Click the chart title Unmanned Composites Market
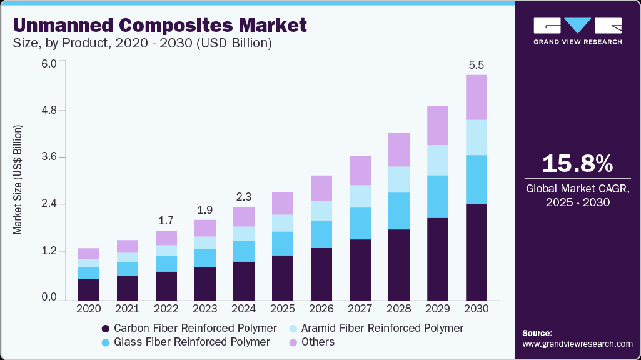(160, 25)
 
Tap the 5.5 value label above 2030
(477, 64)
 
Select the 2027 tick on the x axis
(360, 309)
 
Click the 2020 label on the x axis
(89, 309)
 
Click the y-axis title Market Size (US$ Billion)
(18, 180)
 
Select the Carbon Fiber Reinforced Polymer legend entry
(188, 328)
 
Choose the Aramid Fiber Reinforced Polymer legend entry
(375, 328)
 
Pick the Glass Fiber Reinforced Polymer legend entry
(185, 342)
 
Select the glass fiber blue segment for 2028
(399, 211)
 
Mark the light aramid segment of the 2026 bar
(321, 211)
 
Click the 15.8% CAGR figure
(577, 164)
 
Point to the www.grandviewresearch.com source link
(577, 344)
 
